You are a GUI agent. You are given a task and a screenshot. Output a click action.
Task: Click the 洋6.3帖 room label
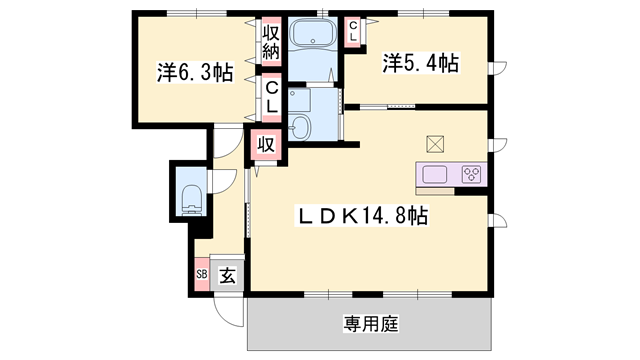coord(194,72)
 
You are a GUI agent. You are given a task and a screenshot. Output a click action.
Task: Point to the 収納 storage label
coord(271,43)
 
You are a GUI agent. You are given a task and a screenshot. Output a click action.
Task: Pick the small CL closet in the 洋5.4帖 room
coord(354,30)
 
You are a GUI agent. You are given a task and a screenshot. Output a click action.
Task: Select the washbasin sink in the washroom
coord(301,128)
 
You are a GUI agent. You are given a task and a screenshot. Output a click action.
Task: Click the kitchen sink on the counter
coord(435,175)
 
